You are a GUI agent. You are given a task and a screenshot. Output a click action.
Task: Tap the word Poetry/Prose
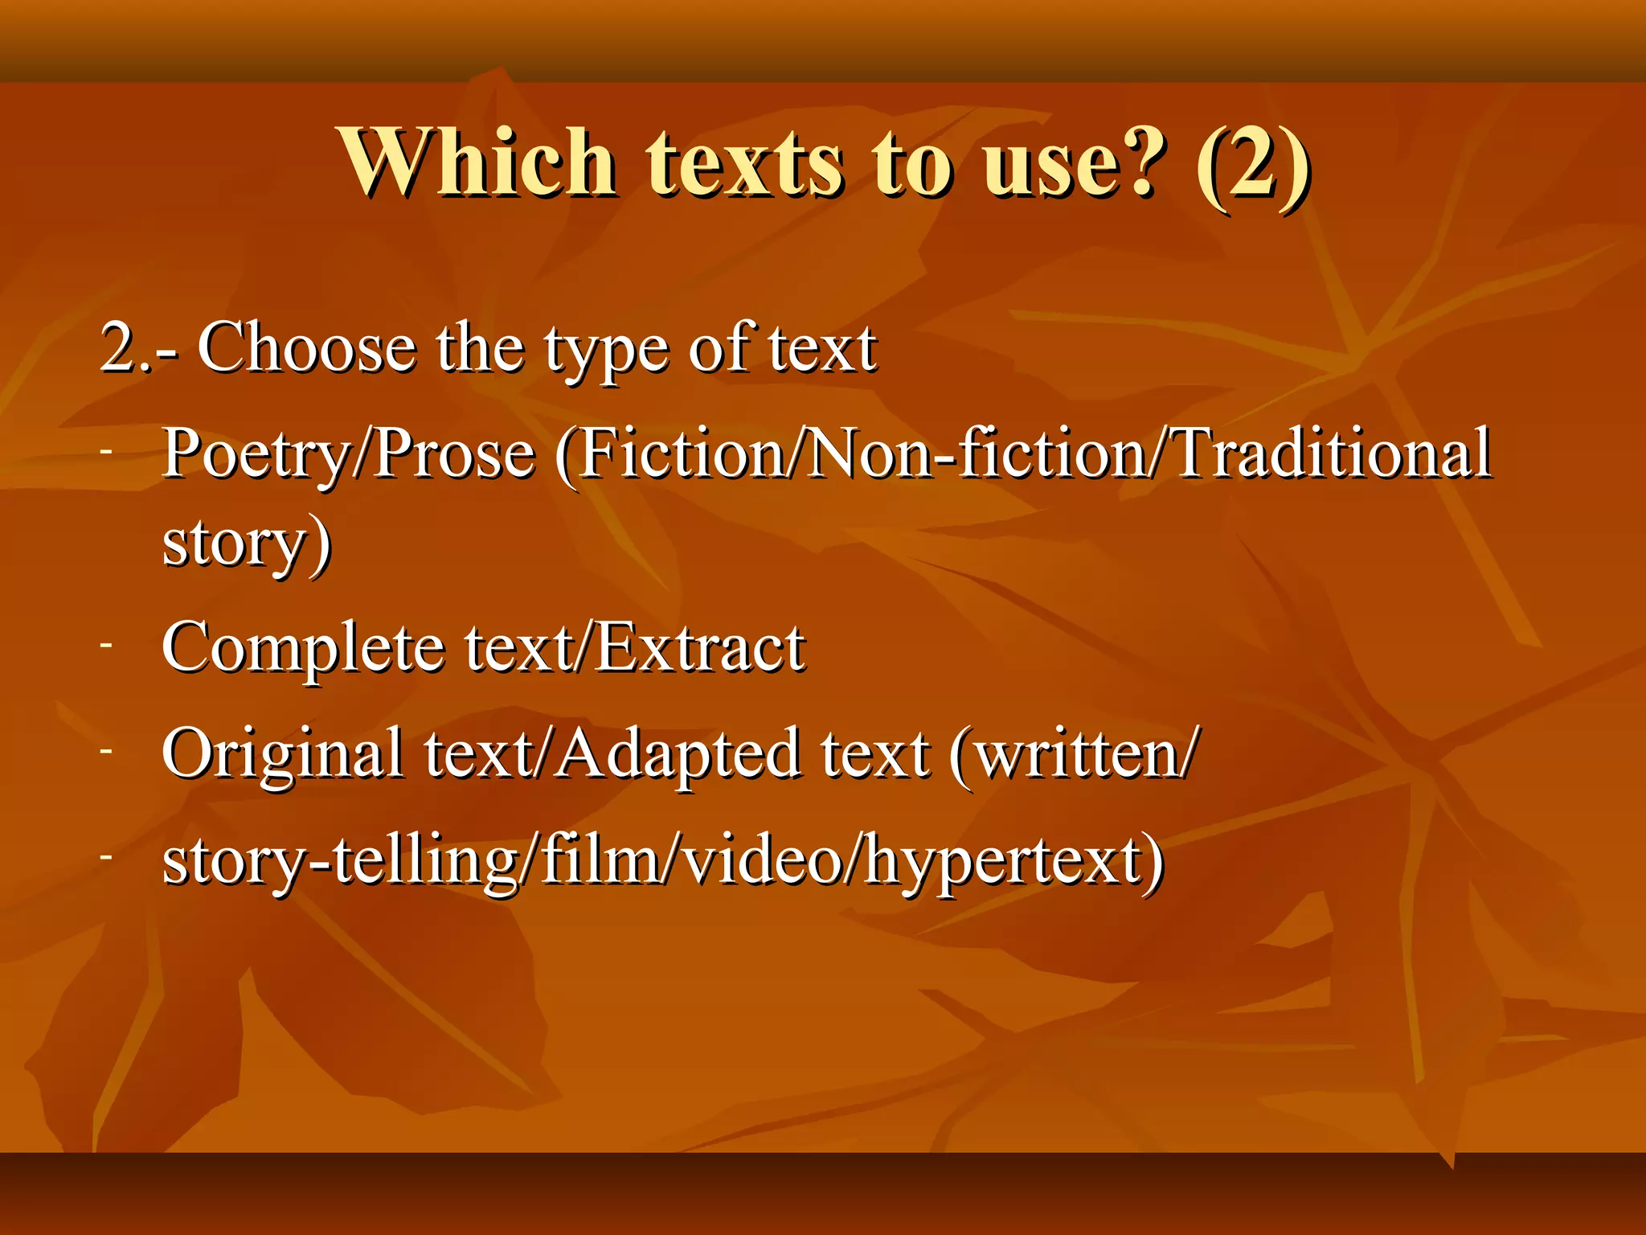point(349,455)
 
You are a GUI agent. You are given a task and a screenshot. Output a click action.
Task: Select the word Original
point(282,754)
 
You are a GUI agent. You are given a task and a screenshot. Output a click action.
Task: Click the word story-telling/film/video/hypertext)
point(663,860)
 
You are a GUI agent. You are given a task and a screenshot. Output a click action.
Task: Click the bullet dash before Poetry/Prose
point(106,452)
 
